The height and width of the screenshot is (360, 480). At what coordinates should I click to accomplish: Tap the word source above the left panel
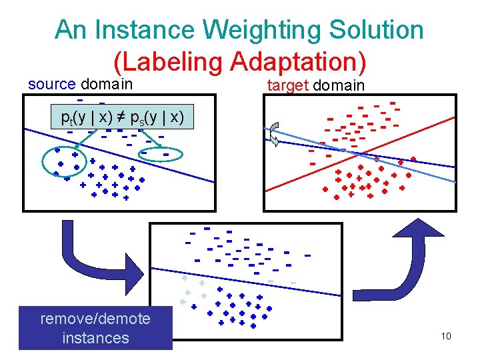[x=52, y=85]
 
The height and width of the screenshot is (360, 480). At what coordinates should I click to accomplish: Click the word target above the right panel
[x=288, y=85]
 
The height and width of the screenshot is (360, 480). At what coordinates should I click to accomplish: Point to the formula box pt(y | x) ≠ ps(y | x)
[x=122, y=117]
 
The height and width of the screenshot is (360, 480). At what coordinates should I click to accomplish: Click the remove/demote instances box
[x=95, y=327]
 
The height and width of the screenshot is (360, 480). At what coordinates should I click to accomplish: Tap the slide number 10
[x=446, y=336]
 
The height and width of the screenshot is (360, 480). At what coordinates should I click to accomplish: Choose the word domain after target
[x=339, y=85]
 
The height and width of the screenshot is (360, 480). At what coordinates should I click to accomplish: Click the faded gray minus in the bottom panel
[x=293, y=283]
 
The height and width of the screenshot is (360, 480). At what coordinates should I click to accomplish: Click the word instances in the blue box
[x=95, y=338]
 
